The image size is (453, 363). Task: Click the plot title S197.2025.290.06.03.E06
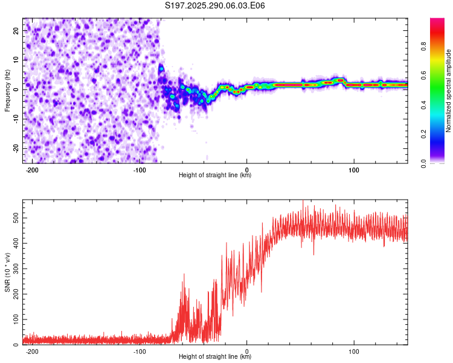tap(215, 5)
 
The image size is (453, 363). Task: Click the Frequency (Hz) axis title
tap(7, 90)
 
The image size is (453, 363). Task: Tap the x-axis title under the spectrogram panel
tap(215, 175)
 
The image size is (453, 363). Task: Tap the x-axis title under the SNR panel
tap(215, 356)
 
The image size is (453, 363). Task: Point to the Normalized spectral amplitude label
tap(449, 90)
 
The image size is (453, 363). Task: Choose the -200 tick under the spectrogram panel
tap(33, 169)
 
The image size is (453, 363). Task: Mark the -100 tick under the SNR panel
tap(140, 351)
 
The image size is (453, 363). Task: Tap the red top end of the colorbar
tap(437, 21)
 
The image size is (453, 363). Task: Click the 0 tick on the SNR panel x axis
tap(247, 351)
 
